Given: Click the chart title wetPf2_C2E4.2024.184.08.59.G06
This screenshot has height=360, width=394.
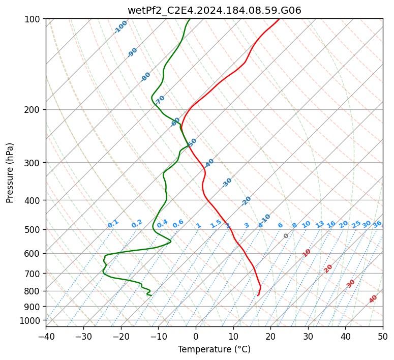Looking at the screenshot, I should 214,10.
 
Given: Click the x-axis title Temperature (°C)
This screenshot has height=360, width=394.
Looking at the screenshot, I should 214,349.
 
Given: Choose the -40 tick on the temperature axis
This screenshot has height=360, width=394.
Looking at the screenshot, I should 46,336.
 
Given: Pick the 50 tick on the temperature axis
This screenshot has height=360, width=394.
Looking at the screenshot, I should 383,336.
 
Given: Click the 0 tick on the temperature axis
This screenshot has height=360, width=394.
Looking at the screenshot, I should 196,336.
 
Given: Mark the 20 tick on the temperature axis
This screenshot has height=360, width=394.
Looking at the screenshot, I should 270,336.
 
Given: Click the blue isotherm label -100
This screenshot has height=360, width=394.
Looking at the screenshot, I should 120,27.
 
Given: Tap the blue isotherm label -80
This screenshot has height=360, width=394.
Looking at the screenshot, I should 146,77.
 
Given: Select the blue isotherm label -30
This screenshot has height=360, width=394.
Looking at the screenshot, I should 227,182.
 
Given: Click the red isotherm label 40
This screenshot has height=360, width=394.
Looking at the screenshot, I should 373,299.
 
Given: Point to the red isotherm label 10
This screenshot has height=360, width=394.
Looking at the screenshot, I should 307,253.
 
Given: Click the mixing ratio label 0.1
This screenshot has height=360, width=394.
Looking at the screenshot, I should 113,224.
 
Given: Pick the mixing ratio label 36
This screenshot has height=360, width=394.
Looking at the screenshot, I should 377,224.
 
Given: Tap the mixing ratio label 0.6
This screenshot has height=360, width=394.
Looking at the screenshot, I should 178,224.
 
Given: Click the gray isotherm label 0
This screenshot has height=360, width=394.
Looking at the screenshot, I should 286,236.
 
